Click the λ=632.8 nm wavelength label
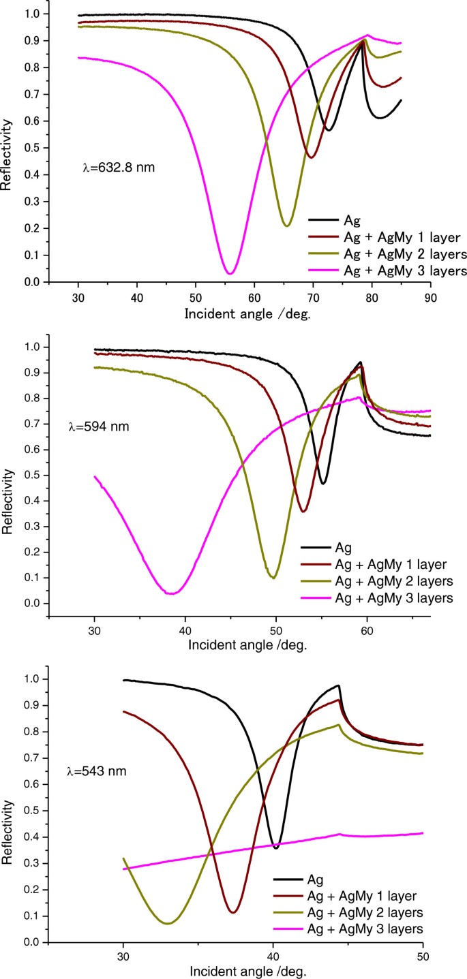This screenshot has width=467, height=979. click(x=117, y=166)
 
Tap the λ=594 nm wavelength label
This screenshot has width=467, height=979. click(x=98, y=427)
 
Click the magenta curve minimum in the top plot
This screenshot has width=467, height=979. click(x=230, y=273)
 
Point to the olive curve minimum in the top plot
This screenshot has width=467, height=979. click(x=287, y=226)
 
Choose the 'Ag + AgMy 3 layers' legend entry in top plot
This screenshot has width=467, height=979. click(x=385, y=271)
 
